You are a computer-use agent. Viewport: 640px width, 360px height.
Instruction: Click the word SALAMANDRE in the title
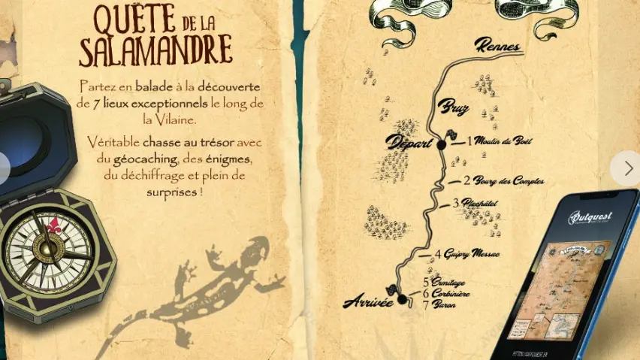coord(155,50)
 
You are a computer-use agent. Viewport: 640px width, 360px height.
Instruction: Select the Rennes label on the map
coord(497,46)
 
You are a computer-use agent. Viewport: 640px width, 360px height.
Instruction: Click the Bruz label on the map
coord(454,107)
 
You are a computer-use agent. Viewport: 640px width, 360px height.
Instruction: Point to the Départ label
coord(410,142)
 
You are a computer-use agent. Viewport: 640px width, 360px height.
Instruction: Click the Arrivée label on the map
coord(368,302)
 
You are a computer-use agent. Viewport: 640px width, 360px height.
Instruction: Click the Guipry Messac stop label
coord(472,254)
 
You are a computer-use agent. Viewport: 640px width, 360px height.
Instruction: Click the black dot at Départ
coord(442,145)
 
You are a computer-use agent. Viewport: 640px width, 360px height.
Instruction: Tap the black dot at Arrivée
coord(402,299)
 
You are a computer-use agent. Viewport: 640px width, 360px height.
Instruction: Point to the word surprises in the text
coord(173,192)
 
